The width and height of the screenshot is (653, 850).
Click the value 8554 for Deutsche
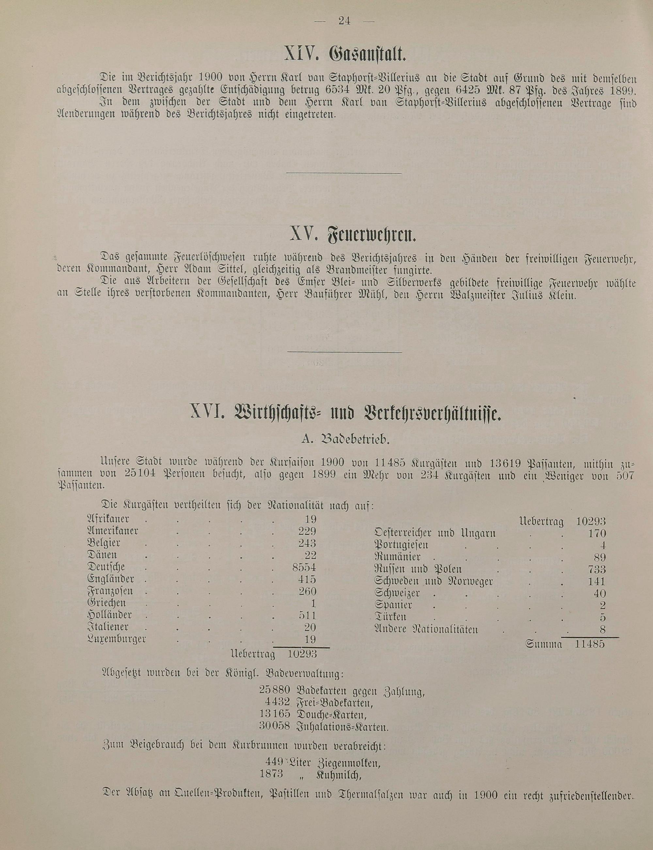click(x=304, y=567)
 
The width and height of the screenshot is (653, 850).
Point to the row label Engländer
click(x=111, y=579)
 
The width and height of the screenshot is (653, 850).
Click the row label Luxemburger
click(x=117, y=639)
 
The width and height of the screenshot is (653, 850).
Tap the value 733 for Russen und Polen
click(x=597, y=570)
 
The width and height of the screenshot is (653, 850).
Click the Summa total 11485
click(x=590, y=644)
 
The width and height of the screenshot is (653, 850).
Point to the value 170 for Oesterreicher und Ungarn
click(x=597, y=533)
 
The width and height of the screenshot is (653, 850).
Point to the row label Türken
click(x=390, y=617)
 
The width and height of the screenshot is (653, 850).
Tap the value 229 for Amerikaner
click(x=307, y=531)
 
